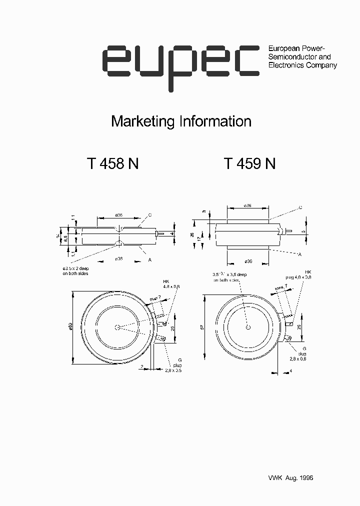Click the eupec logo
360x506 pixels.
[181, 65]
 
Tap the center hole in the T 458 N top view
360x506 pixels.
[117, 327]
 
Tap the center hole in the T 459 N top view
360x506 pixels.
[248, 327]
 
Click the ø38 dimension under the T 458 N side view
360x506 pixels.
[119, 258]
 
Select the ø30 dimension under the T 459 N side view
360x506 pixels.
[248, 261]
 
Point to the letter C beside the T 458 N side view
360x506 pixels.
[150, 214]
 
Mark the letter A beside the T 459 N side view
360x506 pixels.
[299, 254]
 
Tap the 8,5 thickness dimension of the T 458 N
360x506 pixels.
[65, 239]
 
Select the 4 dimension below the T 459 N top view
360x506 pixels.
[290, 370]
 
